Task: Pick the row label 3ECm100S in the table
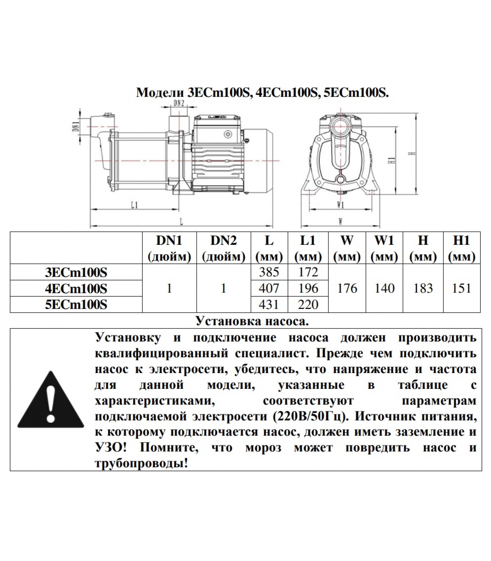click(76, 272)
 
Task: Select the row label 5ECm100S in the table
click(76, 304)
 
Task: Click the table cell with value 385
click(269, 272)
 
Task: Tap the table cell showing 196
click(308, 288)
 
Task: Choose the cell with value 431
click(269, 304)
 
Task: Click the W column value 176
click(347, 288)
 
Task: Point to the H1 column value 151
click(462, 288)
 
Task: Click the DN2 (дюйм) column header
click(223, 248)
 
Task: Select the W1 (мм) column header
click(384, 248)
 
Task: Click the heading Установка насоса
click(252, 321)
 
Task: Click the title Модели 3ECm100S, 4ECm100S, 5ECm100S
click(262, 93)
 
